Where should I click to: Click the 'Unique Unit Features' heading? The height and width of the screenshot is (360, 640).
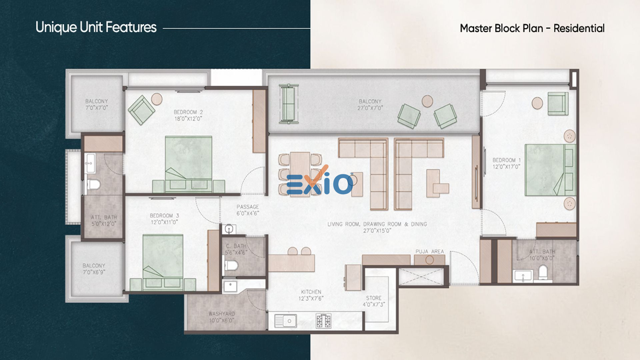click(x=96, y=27)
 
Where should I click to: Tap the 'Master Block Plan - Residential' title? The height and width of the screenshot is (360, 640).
click(x=532, y=28)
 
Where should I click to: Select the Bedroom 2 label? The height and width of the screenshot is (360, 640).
click(x=188, y=112)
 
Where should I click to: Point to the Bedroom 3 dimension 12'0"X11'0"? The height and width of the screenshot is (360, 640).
click(x=164, y=222)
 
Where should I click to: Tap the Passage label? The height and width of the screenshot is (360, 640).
click(x=248, y=207)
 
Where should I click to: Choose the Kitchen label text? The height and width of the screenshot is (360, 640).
click(x=311, y=292)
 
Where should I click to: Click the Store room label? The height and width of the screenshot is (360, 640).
click(x=374, y=298)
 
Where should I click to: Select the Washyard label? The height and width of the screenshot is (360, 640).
click(x=222, y=314)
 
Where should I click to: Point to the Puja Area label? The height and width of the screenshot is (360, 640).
click(x=430, y=251)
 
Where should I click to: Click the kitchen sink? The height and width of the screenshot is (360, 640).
click(x=286, y=321)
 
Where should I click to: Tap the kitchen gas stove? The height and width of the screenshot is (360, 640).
click(x=323, y=321)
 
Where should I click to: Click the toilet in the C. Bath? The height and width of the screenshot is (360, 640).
click(x=231, y=265)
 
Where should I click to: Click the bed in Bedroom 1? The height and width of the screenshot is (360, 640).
click(x=550, y=170)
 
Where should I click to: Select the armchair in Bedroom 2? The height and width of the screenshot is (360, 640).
click(x=141, y=110)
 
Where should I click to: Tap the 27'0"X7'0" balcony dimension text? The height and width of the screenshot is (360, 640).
click(x=370, y=108)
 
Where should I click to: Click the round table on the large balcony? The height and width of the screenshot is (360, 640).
click(x=427, y=101)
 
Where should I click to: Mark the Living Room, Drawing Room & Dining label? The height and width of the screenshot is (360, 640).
click(x=377, y=224)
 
